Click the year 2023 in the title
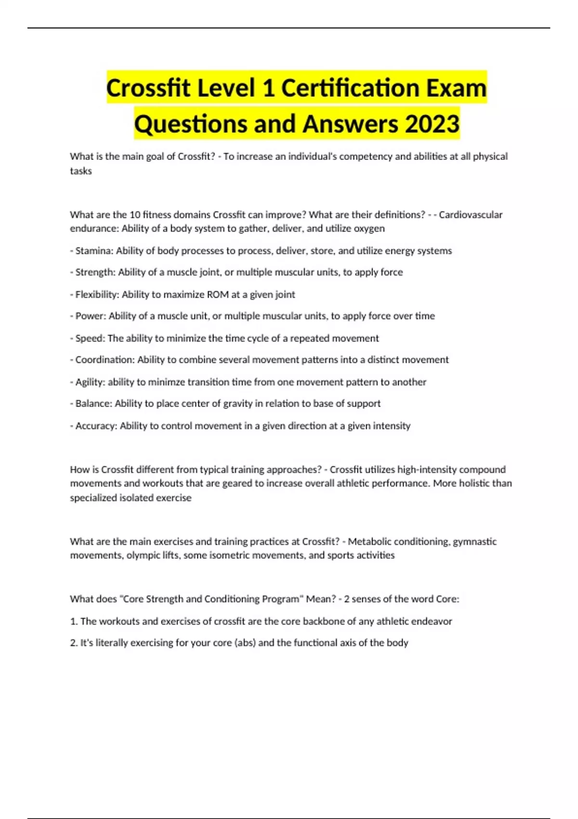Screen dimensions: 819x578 (432, 124)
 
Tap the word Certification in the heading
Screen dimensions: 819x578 (350, 88)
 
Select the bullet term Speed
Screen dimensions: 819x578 (89, 338)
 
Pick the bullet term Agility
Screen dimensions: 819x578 (90, 382)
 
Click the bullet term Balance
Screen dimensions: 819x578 (93, 404)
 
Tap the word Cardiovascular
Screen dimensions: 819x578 (471, 215)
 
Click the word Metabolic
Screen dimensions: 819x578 (369, 542)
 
